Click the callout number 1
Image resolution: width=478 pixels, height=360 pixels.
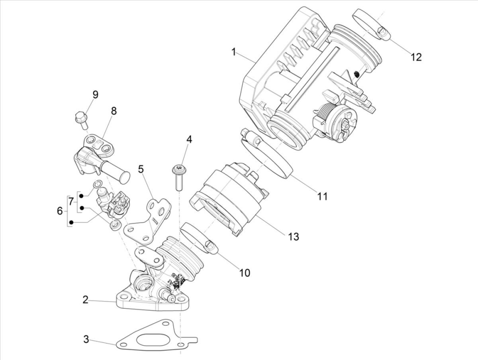click(x=234, y=52)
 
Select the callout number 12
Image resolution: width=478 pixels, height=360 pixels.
click(x=415, y=57)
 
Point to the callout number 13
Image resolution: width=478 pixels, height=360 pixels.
click(x=293, y=236)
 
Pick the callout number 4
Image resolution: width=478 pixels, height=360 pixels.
click(x=189, y=140)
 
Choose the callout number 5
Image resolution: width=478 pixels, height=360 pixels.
click(x=141, y=169)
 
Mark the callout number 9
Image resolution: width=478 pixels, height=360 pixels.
click(x=95, y=95)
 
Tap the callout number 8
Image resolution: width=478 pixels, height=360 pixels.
click(x=114, y=111)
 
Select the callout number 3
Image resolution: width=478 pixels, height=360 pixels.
click(x=86, y=340)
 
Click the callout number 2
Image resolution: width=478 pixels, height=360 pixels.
click(x=85, y=299)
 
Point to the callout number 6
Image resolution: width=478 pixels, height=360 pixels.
click(x=60, y=211)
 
